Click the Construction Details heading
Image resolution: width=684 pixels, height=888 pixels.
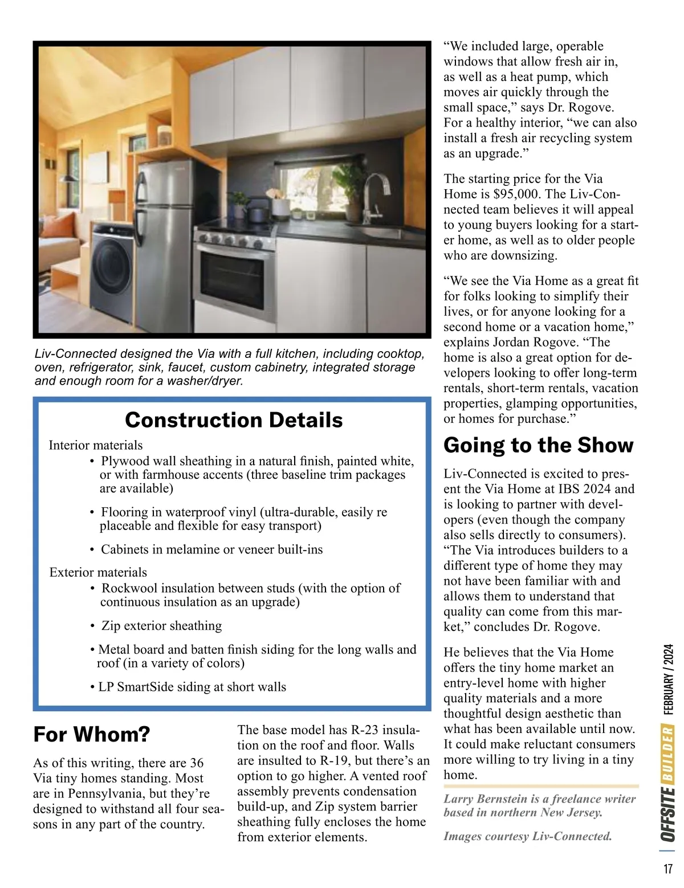click(x=234, y=420)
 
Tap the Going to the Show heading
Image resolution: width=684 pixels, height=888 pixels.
click(x=538, y=445)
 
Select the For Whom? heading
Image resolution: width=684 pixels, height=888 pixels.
click(x=92, y=734)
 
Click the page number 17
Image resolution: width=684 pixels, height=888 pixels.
click(x=667, y=869)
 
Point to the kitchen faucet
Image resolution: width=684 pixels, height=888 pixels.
click(x=374, y=197)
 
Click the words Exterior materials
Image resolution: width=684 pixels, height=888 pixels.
click(x=98, y=572)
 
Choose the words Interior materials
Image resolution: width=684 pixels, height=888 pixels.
click(x=96, y=445)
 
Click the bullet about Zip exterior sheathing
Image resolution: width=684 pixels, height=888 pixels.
click(x=161, y=626)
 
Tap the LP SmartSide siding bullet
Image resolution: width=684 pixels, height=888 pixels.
click(x=192, y=687)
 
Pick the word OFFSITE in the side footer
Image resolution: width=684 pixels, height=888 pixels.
click(x=668, y=814)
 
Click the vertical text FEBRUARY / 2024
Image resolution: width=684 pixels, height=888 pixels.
click(x=668, y=679)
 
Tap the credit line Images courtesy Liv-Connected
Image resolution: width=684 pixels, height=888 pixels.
click(x=527, y=836)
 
